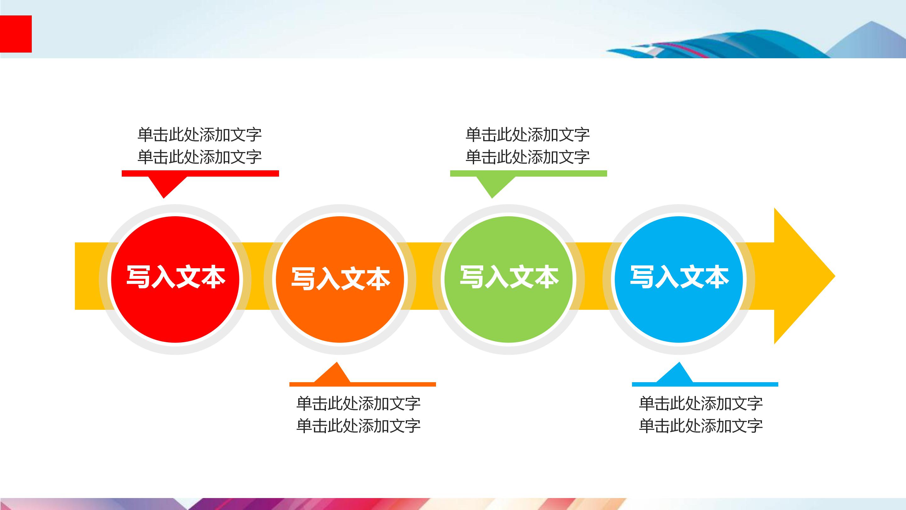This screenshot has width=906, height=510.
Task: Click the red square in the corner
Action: point(16,34)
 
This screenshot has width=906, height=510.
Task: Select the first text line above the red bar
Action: point(199,134)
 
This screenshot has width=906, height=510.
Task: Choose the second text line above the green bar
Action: point(528,157)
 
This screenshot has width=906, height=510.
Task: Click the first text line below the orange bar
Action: point(358,403)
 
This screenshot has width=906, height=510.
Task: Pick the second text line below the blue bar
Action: point(701,426)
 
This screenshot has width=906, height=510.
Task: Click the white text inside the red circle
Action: point(176,277)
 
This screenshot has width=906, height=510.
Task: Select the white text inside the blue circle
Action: point(679,277)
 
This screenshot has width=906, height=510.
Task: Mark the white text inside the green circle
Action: point(509,277)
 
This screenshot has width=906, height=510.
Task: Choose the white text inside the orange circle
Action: point(340,279)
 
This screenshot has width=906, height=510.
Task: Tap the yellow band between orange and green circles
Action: point(424,276)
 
